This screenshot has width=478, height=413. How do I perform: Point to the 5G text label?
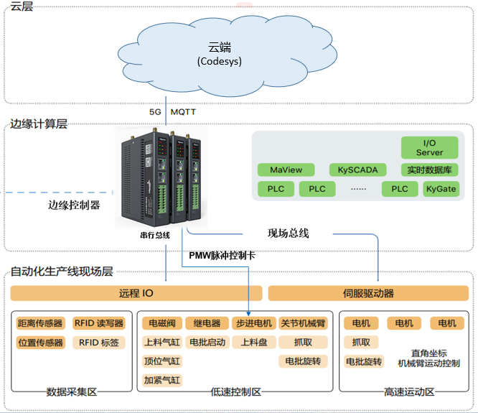[156, 113]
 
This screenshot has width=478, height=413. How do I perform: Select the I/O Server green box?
[429, 148]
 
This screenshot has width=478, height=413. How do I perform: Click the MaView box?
[286, 170]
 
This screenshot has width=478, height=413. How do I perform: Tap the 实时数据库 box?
[429, 170]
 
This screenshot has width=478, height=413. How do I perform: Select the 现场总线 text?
[288, 233]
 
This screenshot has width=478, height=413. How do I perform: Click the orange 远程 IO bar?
[136, 293]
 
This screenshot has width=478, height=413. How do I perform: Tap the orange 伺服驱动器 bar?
[368, 293]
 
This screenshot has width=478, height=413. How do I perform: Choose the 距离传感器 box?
[40, 323]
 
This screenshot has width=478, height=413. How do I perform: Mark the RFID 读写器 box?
[99, 323]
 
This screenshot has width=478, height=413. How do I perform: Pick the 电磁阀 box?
[161, 323]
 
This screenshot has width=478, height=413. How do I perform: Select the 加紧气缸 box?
[161, 380]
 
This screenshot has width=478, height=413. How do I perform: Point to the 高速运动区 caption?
[409, 392]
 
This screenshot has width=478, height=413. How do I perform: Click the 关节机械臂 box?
[301, 323]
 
